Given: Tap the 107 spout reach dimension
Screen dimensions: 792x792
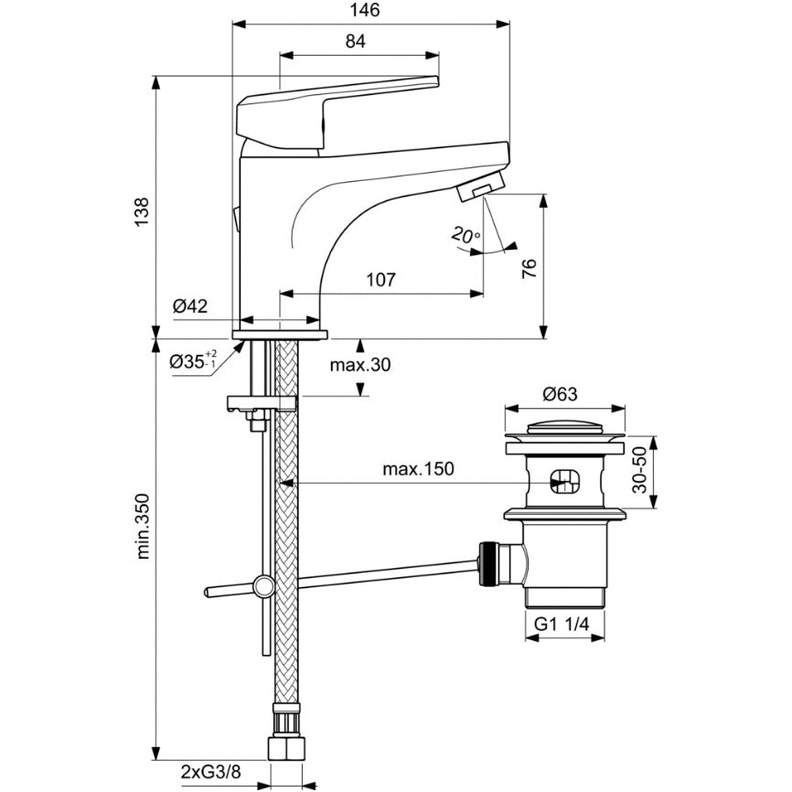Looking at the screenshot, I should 380,280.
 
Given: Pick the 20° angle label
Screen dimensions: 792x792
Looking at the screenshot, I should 465,236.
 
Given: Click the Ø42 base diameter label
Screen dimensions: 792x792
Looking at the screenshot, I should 191,307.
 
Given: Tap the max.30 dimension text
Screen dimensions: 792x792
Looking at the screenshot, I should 360,365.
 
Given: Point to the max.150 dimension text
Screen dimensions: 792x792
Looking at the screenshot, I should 417,469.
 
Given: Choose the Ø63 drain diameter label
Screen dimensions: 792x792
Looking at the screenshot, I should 559,394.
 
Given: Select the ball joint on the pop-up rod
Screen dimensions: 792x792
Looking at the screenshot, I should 264,583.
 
